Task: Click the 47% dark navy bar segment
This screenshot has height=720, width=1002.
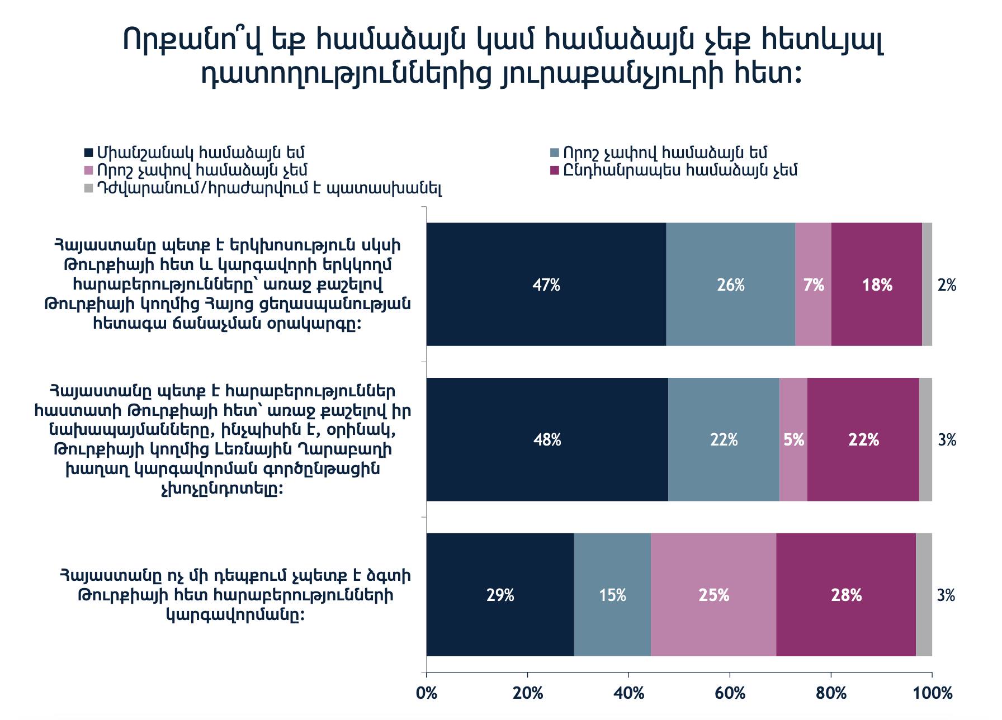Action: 546,285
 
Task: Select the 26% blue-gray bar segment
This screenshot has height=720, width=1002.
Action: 730,285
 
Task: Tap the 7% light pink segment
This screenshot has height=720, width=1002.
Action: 813,285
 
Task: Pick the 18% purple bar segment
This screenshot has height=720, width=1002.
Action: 876,285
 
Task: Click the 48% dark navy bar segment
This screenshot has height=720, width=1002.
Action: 547,439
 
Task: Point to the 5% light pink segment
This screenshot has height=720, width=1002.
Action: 793,439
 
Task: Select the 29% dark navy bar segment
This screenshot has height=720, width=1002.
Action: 500,595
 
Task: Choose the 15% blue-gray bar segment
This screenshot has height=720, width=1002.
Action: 612,595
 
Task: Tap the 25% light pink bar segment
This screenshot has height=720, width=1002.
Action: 713,595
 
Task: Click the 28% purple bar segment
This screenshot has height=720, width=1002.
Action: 846,595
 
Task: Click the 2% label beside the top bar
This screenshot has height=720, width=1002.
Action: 947,285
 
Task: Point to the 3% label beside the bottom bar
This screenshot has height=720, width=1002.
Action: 946,595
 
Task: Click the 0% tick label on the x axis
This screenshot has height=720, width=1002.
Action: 427,693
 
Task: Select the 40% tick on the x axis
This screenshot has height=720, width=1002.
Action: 629,693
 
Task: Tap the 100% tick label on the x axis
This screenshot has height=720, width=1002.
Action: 932,693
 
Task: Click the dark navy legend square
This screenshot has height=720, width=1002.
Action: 88,153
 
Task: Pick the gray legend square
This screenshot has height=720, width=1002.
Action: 88,189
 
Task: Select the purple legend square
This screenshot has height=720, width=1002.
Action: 555,170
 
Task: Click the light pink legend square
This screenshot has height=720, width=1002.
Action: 88,170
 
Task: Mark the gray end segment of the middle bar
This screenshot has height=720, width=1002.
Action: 925,439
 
